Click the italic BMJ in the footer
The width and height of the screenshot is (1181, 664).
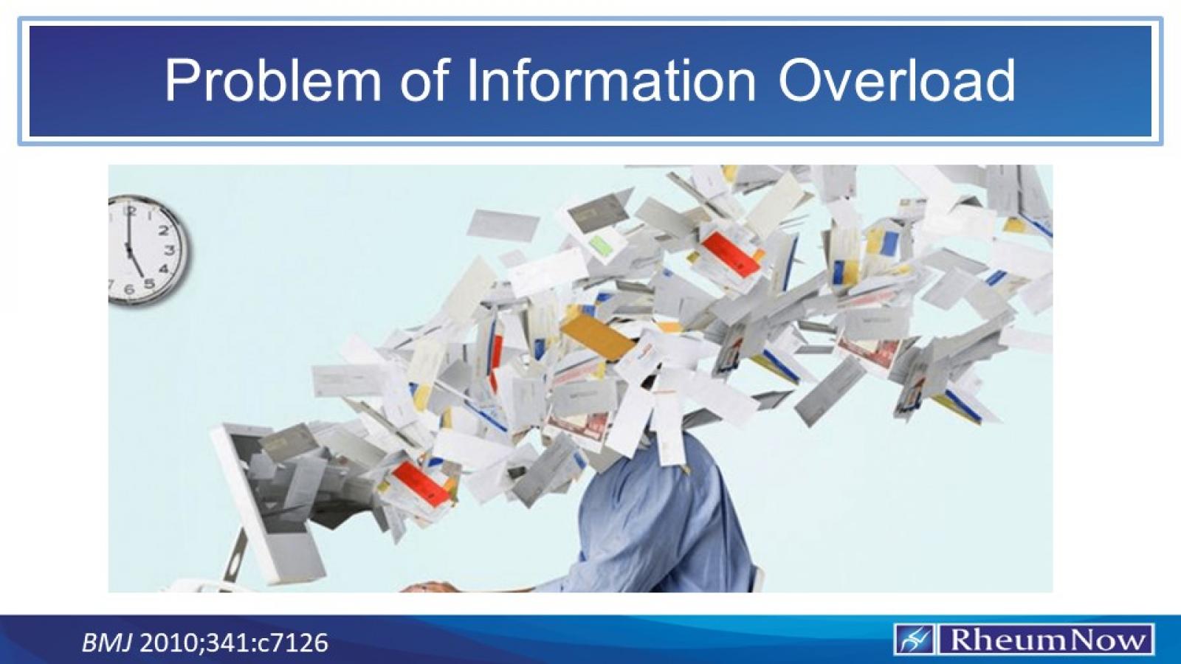coord(106,643)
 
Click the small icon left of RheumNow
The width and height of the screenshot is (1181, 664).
coord(914,640)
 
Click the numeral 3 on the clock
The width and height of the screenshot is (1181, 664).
coord(171,251)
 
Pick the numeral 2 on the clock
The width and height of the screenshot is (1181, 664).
coord(164,229)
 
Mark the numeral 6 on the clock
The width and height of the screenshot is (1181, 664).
coord(130,288)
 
